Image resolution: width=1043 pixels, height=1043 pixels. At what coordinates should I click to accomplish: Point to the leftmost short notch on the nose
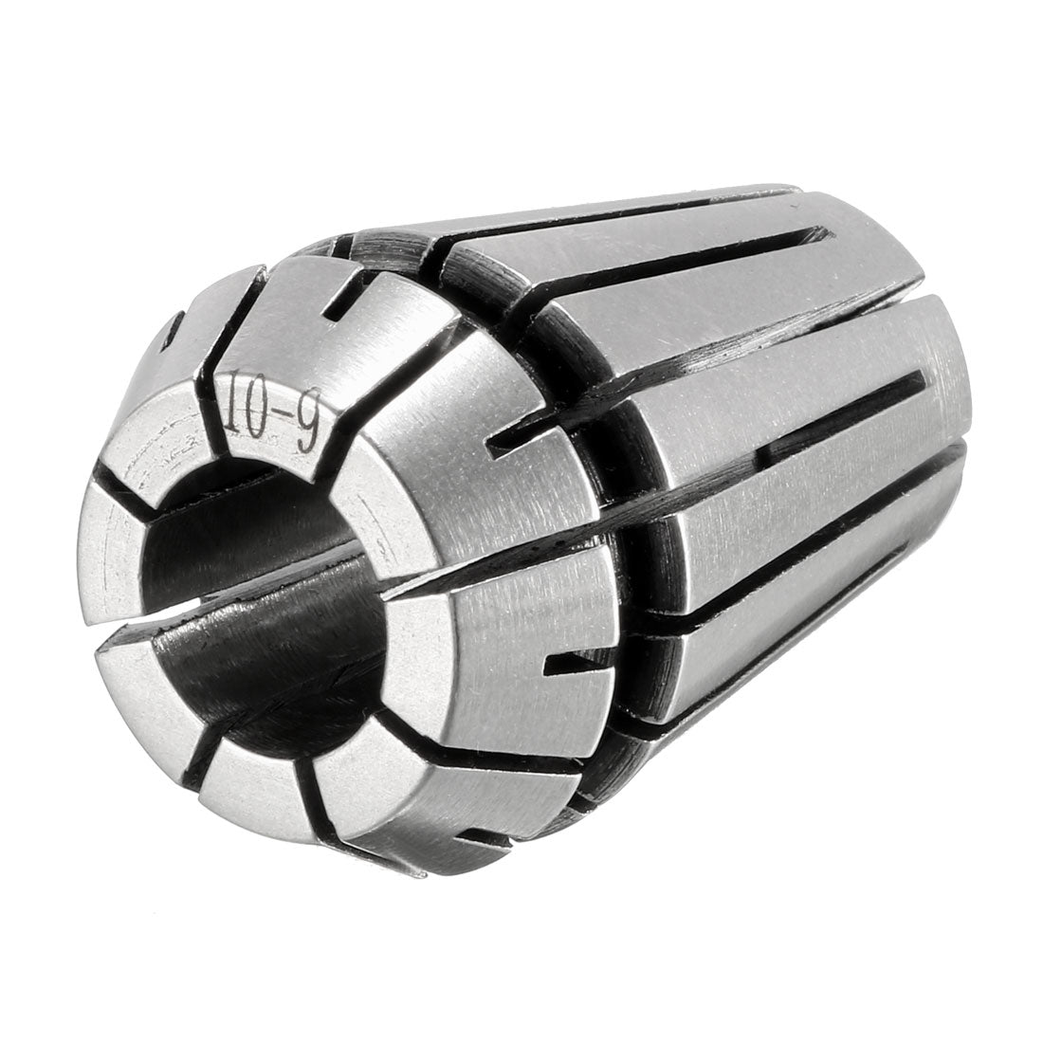point(175,327)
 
